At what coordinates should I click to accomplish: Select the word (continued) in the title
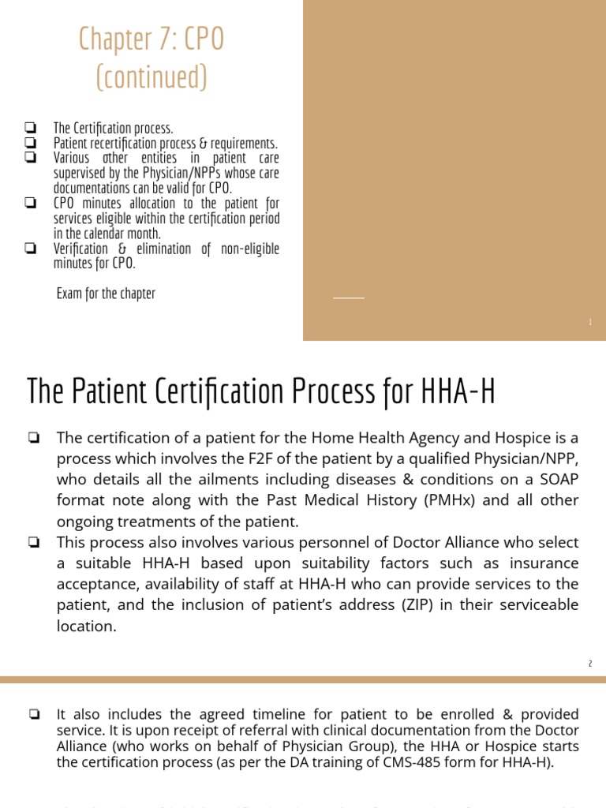[151, 77]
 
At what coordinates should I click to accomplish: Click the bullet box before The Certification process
[30, 127]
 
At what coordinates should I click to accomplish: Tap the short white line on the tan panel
[349, 297]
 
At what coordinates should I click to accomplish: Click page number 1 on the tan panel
[589, 322]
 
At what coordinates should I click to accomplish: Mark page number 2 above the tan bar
[589, 664]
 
